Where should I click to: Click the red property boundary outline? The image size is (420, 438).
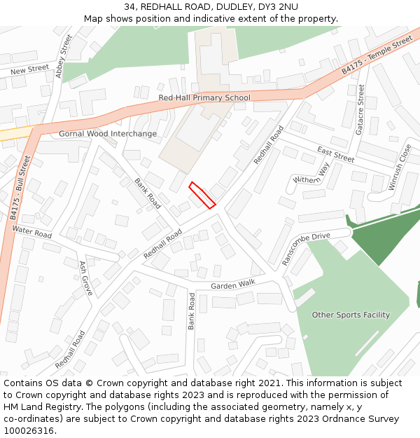pyautogui.click(x=202, y=195)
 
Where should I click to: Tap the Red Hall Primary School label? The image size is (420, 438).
pyautogui.click(x=204, y=98)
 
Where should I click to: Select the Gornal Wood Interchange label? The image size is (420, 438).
pyautogui.click(x=108, y=134)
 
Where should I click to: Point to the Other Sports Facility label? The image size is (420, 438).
pyautogui.click(x=351, y=315)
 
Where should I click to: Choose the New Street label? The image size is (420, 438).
pyautogui.click(x=29, y=70)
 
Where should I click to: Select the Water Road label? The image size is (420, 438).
pyautogui.click(x=32, y=231)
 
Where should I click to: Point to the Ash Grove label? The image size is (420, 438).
pyautogui.click(x=86, y=278)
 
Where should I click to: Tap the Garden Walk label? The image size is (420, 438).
pyautogui.click(x=233, y=285)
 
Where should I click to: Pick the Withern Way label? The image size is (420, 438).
pyautogui.click(x=311, y=174)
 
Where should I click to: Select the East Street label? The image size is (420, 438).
pyautogui.click(x=335, y=154)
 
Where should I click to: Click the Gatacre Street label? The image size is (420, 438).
pyautogui.click(x=360, y=109)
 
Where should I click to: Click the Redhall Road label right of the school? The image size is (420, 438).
pyautogui.click(x=269, y=145)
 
